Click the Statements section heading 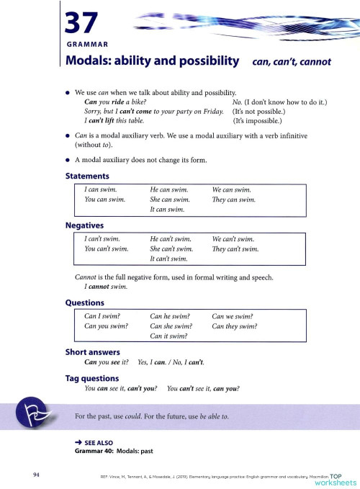pyautogui.click(x=87, y=176)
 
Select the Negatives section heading pyautogui.click(x=85, y=225)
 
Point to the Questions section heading pyautogui.click(x=85, y=303)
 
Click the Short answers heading pyautogui.click(x=94, y=352)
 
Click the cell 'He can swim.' pyautogui.click(x=169, y=189)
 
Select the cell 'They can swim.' pyautogui.click(x=234, y=199)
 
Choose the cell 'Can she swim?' pyautogui.click(x=170, y=326)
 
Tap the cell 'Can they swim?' pyautogui.click(x=235, y=326)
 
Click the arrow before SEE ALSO pyautogui.click(x=78, y=444)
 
